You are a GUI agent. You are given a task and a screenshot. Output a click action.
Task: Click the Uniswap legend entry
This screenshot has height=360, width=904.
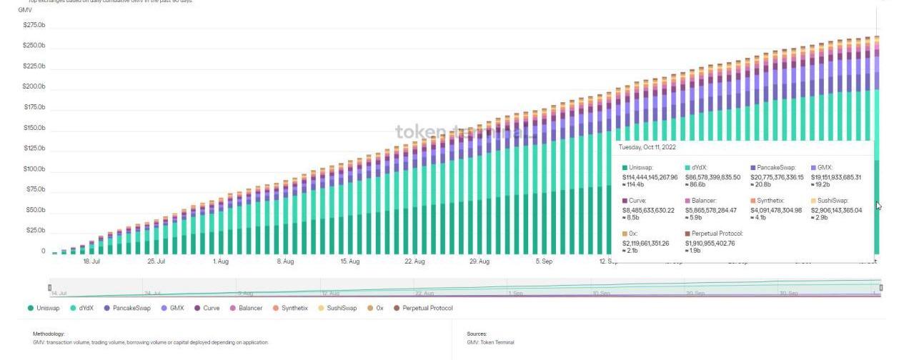coord(47,309)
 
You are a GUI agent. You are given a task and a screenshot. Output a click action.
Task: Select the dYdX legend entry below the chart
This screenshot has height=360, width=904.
coord(86,309)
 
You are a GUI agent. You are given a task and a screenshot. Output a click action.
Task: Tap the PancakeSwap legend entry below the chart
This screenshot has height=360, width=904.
coord(131,309)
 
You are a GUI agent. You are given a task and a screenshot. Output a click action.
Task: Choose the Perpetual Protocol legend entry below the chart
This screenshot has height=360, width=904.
coord(427,309)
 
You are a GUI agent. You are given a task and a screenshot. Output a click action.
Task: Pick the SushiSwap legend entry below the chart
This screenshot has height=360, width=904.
coord(341,309)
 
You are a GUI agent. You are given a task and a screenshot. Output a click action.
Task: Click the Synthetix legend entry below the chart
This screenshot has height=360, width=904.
coord(294,309)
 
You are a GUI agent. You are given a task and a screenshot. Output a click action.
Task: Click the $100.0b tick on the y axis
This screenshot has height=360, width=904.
coord(34,169)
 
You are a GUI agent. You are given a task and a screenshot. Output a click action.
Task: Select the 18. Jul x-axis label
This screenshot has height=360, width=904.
coord(91,262)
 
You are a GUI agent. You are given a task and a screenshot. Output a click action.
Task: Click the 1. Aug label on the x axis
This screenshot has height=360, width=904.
coord(221,262)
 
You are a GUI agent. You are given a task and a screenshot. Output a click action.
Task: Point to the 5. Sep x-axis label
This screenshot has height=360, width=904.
coord(544,262)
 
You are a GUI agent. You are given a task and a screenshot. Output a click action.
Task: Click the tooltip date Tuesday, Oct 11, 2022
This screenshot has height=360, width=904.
coord(647,147)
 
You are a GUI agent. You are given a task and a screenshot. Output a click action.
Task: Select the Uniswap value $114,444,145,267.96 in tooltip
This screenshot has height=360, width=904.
coord(650,177)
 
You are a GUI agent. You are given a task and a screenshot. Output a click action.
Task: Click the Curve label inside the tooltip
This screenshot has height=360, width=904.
coord(637,201)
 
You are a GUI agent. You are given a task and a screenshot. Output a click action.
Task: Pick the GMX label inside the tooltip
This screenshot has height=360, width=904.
coord(824,168)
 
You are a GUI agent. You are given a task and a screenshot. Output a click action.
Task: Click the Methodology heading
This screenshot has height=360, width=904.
coord(49,334)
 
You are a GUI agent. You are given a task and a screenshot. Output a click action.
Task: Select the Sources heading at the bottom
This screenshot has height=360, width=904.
coord(477,334)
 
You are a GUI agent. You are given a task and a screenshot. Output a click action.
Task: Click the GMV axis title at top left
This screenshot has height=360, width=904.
coord(25,10)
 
